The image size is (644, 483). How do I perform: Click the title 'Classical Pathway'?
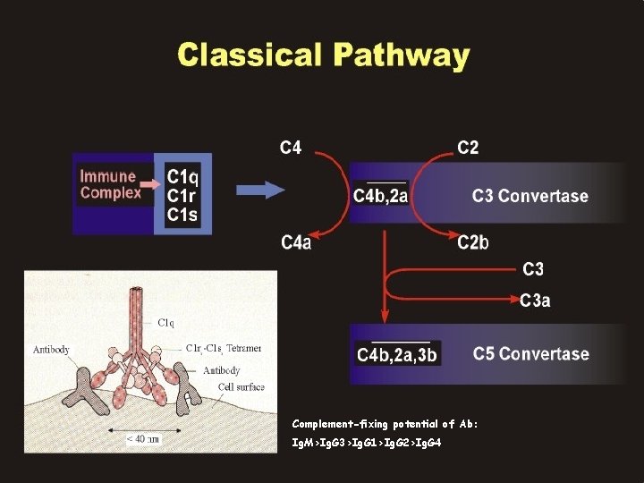tap(323, 55)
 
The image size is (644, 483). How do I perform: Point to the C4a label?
tap(295, 242)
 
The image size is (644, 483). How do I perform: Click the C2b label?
tap(473, 242)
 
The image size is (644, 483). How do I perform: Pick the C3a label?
tap(535, 301)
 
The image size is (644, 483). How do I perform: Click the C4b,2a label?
tap(381, 196)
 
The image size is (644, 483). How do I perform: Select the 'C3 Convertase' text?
tap(530, 196)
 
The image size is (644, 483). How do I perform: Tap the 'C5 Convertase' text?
tap(531, 353)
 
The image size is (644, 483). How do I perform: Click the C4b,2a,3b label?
tap(397, 355)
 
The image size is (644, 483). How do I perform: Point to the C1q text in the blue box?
tap(183, 175)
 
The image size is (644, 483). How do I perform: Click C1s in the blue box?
tap(183, 214)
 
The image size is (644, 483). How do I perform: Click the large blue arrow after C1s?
tap(260, 190)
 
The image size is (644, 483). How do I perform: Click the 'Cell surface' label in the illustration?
tap(241, 386)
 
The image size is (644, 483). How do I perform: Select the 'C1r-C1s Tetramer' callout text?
tap(224, 348)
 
